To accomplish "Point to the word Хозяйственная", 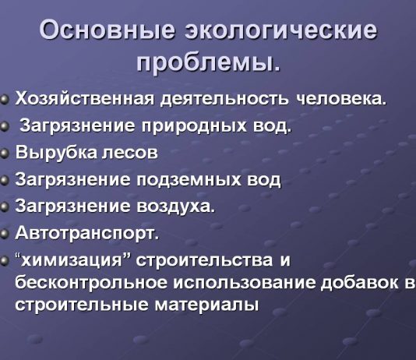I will [85, 99].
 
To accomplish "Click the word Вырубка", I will [53, 152].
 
